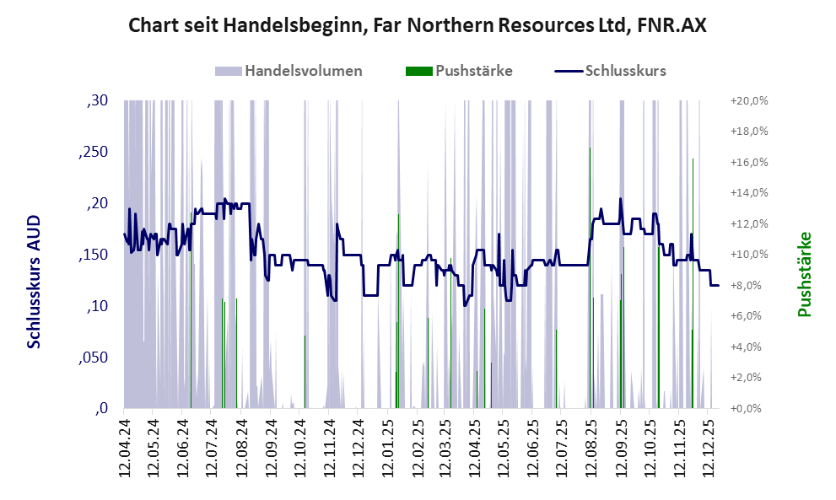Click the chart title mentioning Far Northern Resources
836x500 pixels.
tap(418, 26)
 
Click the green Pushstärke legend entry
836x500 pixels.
tap(460, 71)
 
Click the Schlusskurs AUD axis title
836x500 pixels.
tap(35, 281)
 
